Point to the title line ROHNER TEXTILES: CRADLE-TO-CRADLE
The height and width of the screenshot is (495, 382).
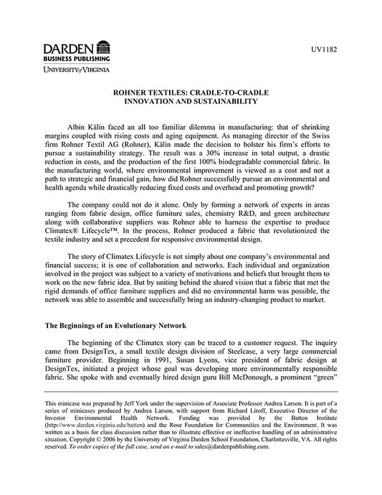pyautogui.click(x=191, y=93)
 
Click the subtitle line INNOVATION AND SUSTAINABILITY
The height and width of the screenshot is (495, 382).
pyautogui.click(x=191, y=103)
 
